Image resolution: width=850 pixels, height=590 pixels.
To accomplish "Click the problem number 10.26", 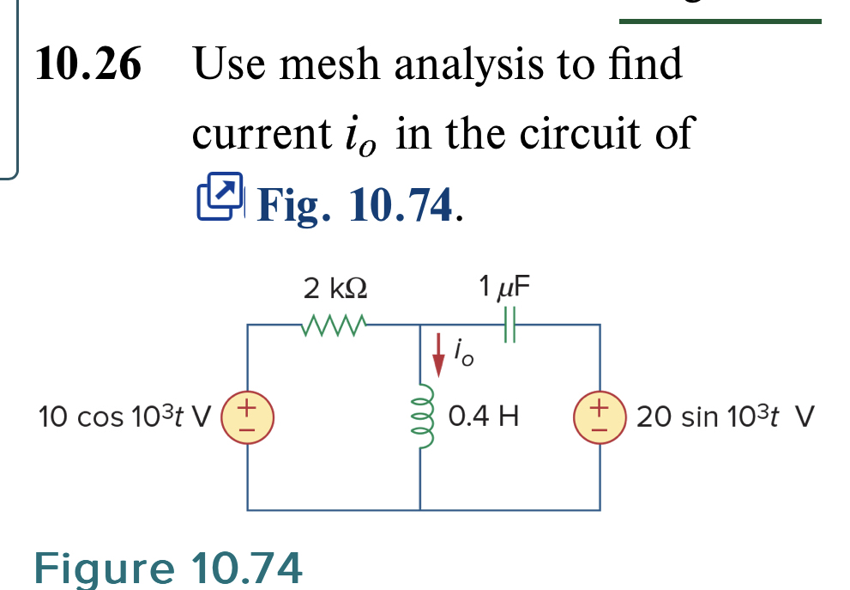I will pyautogui.click(x=88, y=65).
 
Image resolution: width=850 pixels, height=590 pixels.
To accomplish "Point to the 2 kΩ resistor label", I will pyautogui.click(x=335, y=287).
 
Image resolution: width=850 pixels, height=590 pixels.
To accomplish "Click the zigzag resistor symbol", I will pyautogui.click(x=335, y=325).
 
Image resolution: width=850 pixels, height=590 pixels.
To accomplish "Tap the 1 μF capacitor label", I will pyautogui.click(x=505, y=285).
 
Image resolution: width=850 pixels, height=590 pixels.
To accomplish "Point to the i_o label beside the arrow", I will pyautogui.click(x=461, y=351).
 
